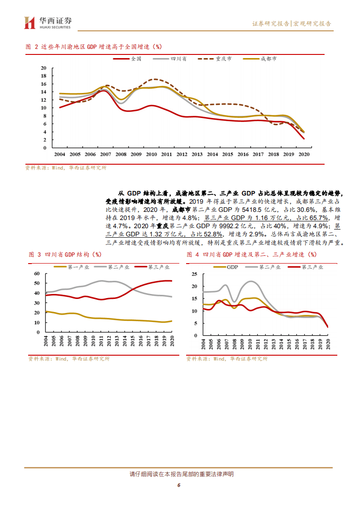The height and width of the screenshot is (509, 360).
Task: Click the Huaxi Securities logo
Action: [x=48, y=23]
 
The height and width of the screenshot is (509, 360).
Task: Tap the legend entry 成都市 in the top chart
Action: [x=268, y=59]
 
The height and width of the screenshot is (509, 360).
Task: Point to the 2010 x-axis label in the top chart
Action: [x=151, y=155]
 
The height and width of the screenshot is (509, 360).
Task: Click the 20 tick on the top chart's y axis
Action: [x=44, y=68]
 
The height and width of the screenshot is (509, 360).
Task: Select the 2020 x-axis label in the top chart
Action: [x=304, y=155]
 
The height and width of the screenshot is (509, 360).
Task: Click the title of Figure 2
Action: [x=94, y=47]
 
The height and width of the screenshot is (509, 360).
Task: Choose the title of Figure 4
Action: [x=252, y=255]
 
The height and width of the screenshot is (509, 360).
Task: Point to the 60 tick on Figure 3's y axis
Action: [x=37, y=274]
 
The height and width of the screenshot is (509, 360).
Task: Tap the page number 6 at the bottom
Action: [x=179, y=485]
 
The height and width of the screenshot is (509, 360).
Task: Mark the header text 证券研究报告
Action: [x=271, y=24]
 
